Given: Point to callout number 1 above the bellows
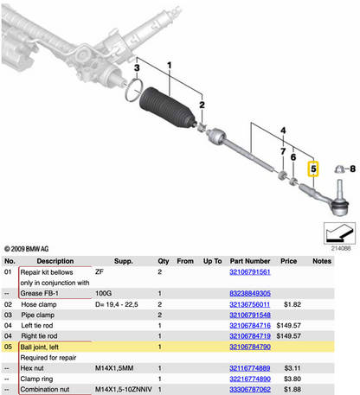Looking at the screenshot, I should (170, 65).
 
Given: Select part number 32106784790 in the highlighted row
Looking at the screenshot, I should (255, 346).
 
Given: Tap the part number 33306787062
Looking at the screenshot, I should (255, 389).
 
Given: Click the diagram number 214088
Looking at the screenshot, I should (341, 247).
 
